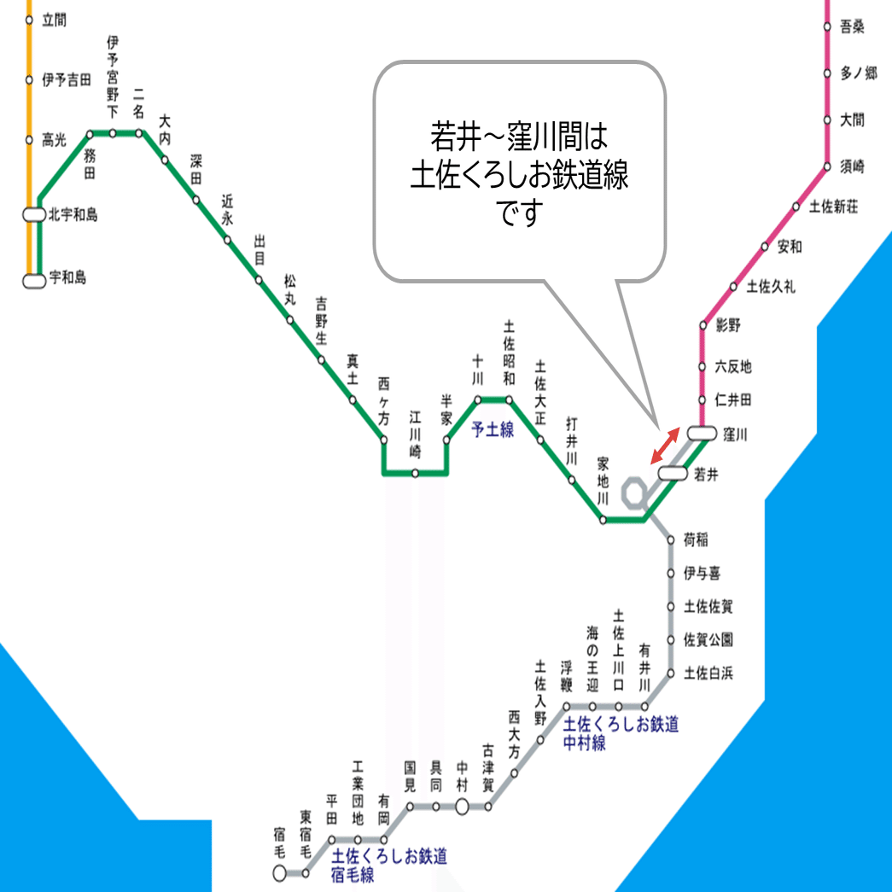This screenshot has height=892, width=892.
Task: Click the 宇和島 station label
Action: [x=67, y=278]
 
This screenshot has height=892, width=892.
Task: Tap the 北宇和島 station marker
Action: [x=33, y=215]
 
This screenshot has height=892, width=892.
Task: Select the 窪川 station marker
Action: [x=701, y=434]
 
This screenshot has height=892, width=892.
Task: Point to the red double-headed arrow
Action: [x=665, y=446]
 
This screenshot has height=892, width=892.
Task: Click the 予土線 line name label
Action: [x=493, y=430]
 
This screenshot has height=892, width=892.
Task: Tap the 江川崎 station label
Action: [x=415, y=434]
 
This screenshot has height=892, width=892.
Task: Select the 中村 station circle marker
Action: [x=462, y=806]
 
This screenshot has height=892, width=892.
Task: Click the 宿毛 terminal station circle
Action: [x=279, y=873]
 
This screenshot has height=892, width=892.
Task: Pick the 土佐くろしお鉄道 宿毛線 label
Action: [x=388, y=865]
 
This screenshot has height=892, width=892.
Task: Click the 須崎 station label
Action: [x=853, y=166]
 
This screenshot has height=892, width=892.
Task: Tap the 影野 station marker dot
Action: [x=703, y=325]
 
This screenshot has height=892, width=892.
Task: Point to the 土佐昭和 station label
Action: [x=510, y=353]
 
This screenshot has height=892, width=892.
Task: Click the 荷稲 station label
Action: [x=697, y=540]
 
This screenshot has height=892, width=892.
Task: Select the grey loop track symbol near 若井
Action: [x=635, y=493]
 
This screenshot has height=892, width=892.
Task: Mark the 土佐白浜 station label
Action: [x=708, y=673]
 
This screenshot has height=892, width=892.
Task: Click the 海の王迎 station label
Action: [x=592, y=659]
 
